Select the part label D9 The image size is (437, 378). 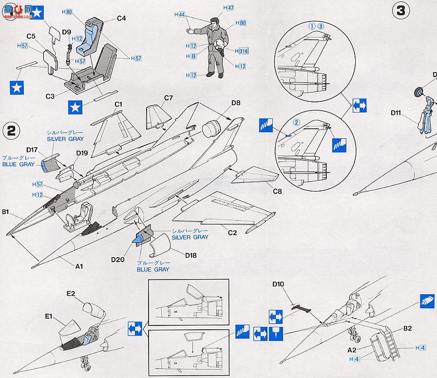67,32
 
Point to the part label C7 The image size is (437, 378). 169,98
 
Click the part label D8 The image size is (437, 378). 236,103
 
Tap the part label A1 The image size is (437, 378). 79,266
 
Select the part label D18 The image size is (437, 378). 191,254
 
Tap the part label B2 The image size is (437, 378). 408,328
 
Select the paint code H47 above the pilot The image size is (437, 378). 228,8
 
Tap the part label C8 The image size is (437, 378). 276,191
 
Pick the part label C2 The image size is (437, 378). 232,233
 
